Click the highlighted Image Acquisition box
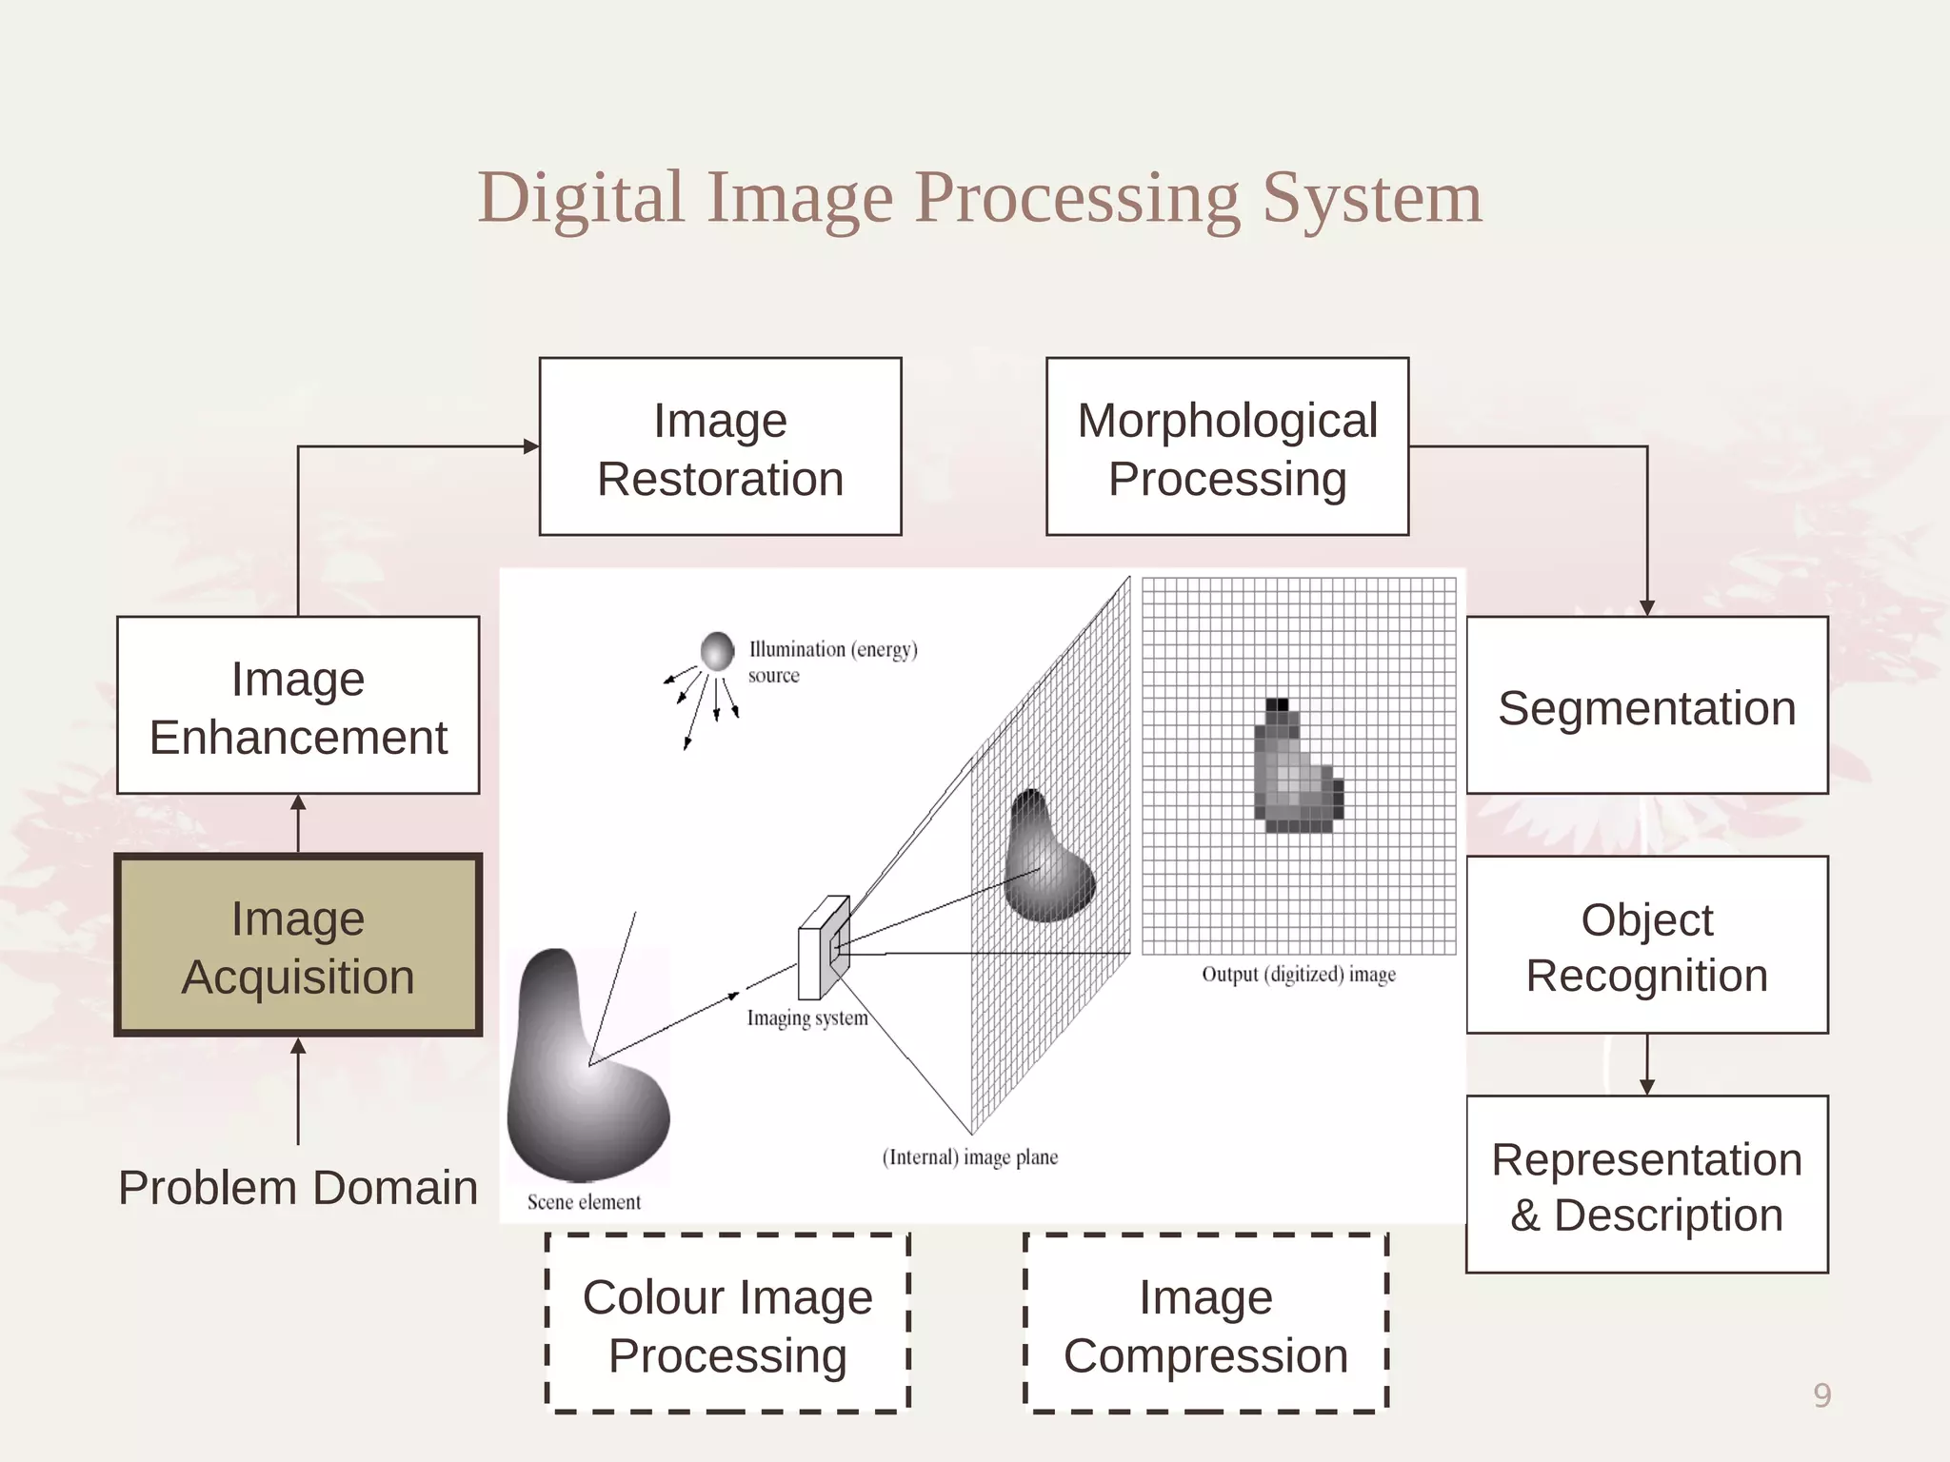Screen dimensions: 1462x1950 click(x=298, y=945)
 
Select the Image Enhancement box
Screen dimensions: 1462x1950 click(x=298, y=705)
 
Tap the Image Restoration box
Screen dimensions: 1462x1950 click(x=720, y=446)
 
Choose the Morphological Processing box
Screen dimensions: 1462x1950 click(x=1226, y=446)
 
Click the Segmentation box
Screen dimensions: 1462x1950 click(x=1646, y=705)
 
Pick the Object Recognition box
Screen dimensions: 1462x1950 click(x=1646, y=945)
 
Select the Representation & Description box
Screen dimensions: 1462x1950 click(x=1646, y=1184)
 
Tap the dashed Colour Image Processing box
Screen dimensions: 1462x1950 click(x=727, y=1324)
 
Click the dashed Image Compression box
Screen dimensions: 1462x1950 click(x=1205, y=1324)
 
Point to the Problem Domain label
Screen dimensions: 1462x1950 click(x=298, y=1187)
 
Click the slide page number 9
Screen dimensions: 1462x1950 click(x=1821, y=1395)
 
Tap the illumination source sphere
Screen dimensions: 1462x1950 click(x=717, y=651)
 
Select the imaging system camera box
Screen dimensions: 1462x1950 click(x=823, y=948)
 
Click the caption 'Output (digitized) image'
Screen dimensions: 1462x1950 click(x=1299, y=975)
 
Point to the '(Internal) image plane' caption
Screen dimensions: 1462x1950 click(x=969, y=1157)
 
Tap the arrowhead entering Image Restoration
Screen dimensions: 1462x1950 click(x=531, y=446)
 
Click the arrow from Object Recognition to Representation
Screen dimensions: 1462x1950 click(x=1646, y=1066)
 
